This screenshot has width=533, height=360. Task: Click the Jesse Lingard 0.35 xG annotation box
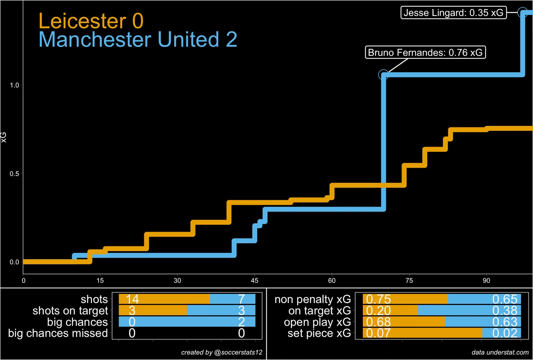click(453, 13)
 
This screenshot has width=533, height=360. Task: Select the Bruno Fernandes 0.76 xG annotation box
click(425, 53)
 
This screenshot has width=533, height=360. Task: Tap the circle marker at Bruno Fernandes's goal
click(383, 75)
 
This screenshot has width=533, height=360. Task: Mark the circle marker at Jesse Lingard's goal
click(523, 12)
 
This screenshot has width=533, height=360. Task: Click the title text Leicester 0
click(91, 21)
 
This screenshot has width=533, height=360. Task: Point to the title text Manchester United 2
click(138, 40)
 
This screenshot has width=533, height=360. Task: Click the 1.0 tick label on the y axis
click(14, 85)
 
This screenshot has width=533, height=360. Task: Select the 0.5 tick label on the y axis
click(14, 174)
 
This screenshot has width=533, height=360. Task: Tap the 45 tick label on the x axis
click(254, 280)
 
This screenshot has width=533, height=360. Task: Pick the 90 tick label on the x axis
click(486, 280)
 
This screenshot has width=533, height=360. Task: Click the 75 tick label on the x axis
click(409, 280)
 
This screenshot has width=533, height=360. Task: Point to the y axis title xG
click(4, 137)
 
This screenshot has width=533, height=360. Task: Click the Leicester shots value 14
click(132, 299)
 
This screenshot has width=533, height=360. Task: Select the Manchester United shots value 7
click(241, 299)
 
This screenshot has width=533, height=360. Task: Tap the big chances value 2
click(241, 322)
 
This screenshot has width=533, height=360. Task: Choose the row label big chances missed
click(58, 333)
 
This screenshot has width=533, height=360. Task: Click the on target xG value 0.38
click(505, 310)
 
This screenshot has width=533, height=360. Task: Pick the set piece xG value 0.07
click(378, 333)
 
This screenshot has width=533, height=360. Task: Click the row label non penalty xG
click(312, 299)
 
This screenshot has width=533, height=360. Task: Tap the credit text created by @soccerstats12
click(222, 352)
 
